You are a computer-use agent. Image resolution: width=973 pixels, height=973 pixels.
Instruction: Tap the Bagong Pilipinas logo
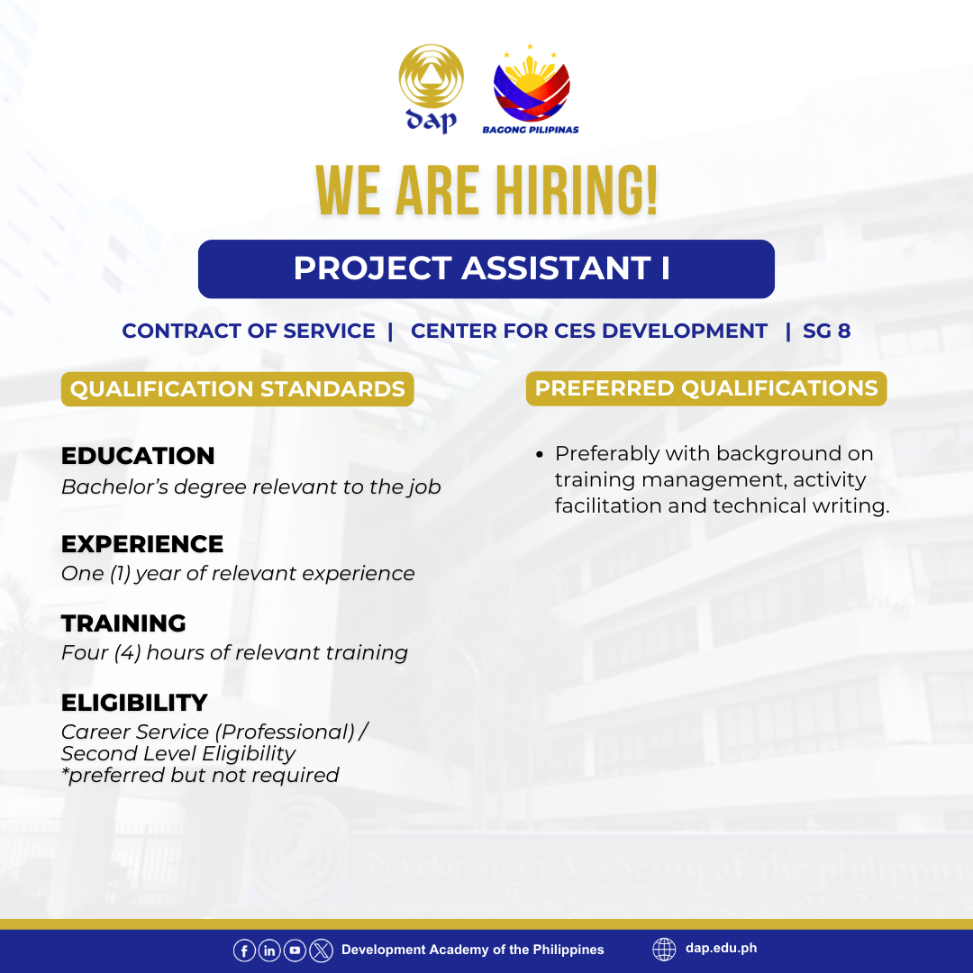[531, 88]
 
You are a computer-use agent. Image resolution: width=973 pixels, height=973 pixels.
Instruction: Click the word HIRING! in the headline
[576, 190]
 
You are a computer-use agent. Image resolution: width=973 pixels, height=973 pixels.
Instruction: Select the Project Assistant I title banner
[486, 268]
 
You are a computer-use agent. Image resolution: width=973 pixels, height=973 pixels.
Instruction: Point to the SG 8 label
[826, 331]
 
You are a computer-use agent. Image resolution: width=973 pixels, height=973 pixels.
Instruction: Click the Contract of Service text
[249, 331]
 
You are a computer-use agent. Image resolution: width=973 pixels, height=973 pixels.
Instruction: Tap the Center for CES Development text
[589, 331]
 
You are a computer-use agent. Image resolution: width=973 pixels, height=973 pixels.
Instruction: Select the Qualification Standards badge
[237, 389]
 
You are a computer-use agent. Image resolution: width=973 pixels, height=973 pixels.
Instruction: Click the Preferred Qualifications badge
[706, 388]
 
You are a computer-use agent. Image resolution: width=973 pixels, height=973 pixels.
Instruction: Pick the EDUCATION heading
[138, 456]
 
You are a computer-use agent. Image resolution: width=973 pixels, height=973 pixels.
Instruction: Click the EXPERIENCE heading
[142, 543]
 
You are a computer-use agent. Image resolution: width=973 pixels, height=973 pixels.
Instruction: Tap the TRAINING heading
[123, 623]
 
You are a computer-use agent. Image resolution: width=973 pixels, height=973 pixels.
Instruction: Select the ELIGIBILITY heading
[134, 703]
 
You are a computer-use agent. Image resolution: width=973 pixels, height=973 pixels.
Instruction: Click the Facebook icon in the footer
[244, 950]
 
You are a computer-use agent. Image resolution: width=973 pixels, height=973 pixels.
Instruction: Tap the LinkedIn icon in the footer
[269, 950]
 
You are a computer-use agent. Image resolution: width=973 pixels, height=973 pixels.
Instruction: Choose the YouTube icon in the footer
[295, 950]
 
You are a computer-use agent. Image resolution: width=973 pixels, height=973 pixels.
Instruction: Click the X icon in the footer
[321, 950]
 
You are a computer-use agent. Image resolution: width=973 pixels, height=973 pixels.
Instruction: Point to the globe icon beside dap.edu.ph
[664, 950]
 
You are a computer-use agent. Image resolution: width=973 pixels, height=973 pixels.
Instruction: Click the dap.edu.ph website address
[721, 948]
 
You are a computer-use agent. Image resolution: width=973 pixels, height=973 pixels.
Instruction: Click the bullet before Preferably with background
[540, 455]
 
